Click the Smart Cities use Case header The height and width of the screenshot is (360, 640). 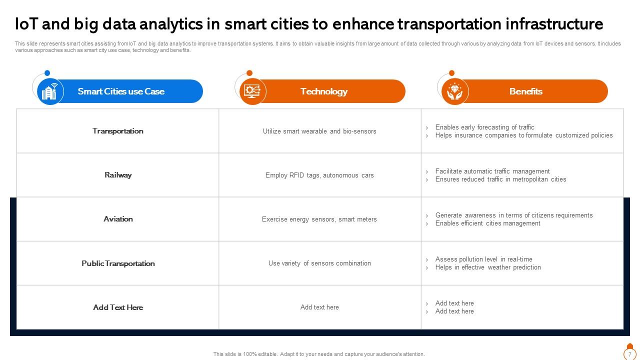pos(121,91)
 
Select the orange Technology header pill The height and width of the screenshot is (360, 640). pos(324,91)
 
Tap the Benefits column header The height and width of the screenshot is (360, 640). pos(526,91)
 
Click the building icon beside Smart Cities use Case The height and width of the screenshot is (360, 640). pos(50,91)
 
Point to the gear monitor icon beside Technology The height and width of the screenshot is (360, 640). pos(252,91)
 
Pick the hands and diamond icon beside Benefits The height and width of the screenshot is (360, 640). pos(454,91)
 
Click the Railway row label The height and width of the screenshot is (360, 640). pos(118,175)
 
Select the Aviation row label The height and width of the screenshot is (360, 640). pos(118,219)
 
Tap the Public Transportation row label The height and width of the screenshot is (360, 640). pos(118,263)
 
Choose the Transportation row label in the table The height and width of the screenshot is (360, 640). pos(118,131)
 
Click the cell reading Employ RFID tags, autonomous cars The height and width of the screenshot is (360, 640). pos(319,175)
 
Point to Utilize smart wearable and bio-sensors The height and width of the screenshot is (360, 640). pos(319,131)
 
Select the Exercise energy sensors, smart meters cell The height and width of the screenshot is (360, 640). pos(319,219)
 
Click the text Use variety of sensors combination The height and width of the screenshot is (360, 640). pos(319,263)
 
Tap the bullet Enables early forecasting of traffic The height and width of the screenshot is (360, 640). pos(484,127)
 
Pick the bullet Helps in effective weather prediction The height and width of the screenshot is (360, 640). pos(488,267)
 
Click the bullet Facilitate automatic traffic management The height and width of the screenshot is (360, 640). pos(492,171)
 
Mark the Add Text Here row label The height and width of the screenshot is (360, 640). pos(118,307)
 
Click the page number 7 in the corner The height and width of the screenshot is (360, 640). pos(629,354)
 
